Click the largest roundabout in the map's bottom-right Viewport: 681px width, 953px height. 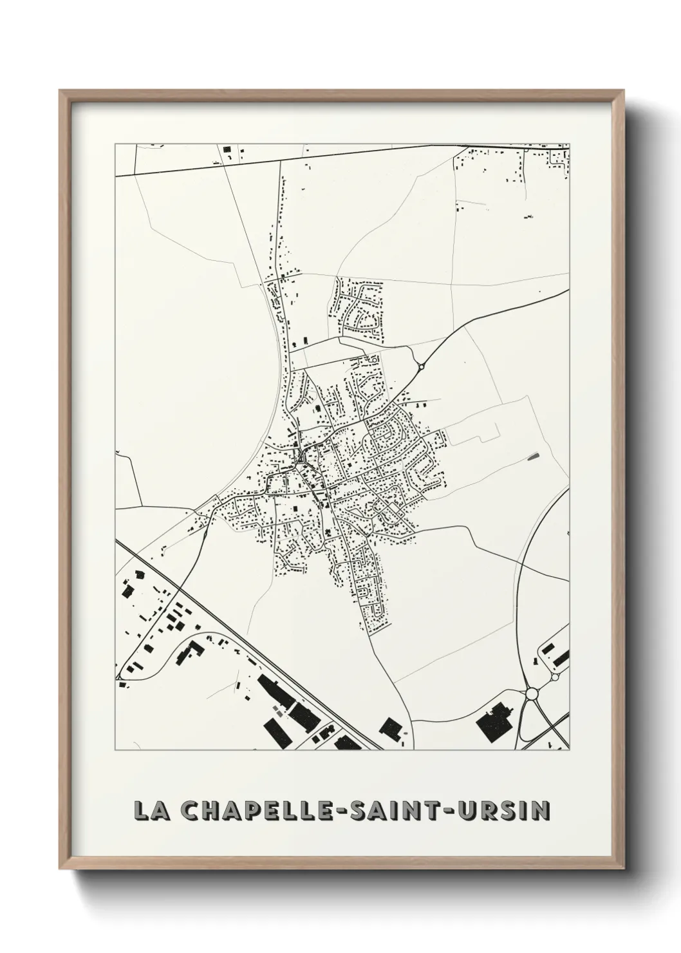[532, 694]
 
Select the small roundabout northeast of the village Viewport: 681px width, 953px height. [421, 367]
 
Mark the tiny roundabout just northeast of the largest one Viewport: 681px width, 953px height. [554, 678]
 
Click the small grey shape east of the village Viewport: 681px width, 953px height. [533, 457]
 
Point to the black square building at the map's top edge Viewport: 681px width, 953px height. [227, 149]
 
